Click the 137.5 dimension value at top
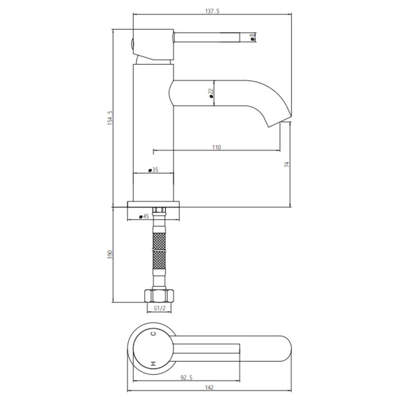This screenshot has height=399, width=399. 212,11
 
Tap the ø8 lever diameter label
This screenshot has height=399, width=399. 252,37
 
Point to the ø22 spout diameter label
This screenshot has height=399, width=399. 211,93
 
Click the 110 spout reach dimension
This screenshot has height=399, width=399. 216,147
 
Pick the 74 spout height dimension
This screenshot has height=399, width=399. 286,164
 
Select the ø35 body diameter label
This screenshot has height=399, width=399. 153,170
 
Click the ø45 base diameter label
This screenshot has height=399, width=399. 144,216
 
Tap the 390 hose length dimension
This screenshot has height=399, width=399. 110,254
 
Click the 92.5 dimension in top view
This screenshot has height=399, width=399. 186,378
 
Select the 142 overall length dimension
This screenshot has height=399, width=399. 210,387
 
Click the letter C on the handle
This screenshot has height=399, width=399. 153,334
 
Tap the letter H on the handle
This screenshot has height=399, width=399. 153,363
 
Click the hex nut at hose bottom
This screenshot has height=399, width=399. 159,295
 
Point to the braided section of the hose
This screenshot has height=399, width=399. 159,251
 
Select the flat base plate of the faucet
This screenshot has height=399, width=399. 154,204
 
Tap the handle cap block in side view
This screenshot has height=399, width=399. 153,44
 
